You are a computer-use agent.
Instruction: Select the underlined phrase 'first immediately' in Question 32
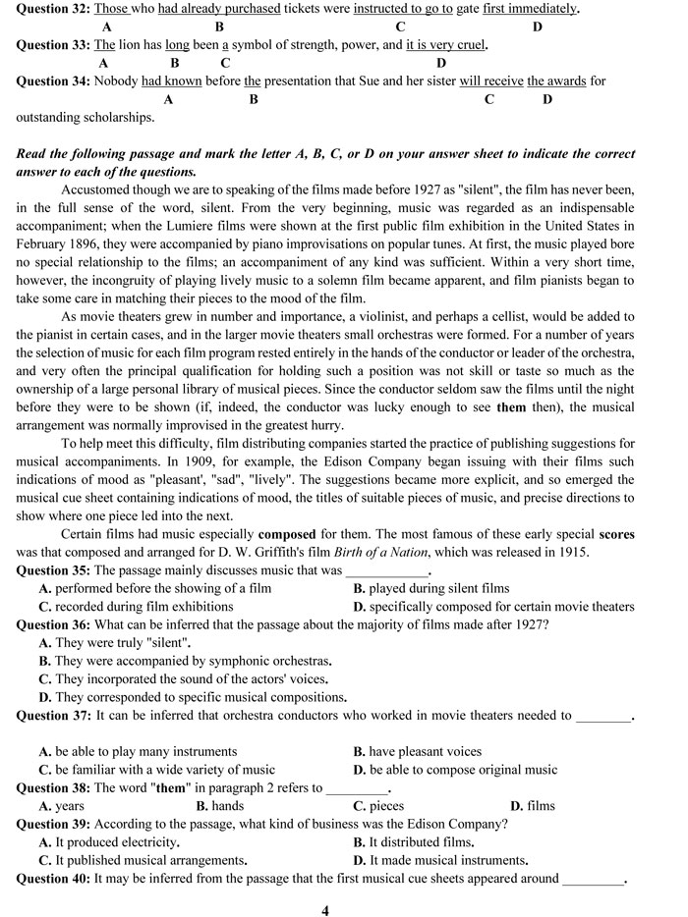530,9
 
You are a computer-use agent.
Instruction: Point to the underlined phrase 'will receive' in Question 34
490,81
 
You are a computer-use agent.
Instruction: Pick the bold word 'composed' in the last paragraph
286,535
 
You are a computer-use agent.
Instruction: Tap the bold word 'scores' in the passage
616,535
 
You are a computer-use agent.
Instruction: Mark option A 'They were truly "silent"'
115,643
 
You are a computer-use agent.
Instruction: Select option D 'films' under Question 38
532,806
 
